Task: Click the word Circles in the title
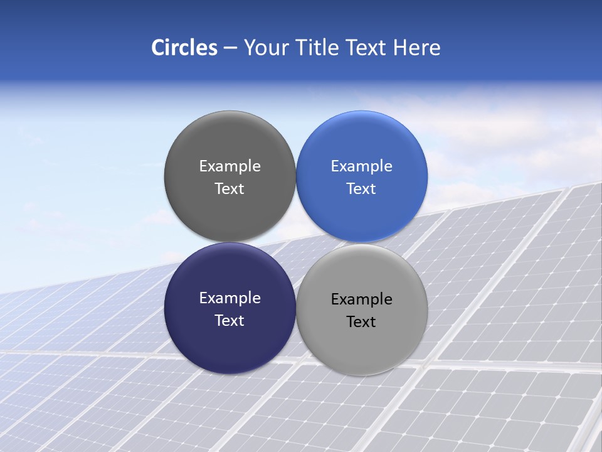coord(184,48)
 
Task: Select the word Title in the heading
coord(318,48)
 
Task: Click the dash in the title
coord(230,48)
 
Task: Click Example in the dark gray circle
coord(230,166)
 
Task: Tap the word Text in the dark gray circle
coord(230,189)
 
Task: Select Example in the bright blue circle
coord(362,166)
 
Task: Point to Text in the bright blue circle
coord(362,189)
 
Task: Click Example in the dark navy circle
coord(230,298)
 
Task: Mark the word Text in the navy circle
coord(230,321)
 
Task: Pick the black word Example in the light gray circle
coord(362,299)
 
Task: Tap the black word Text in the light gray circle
coord(362,322)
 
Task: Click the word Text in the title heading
coord(367,48)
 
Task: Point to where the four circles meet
coord(296,242)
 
